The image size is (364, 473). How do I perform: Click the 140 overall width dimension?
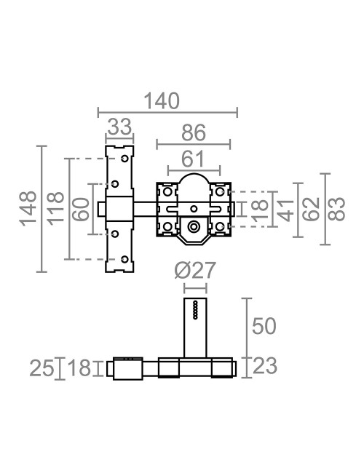(162, 101)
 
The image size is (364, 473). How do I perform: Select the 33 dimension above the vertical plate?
(119, 127)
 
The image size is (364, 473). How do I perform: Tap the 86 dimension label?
(194, 132)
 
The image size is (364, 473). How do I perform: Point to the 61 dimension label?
(193, 159)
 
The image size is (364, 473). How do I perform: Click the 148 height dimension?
(28, 208)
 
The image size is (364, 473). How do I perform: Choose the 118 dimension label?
(55, 209)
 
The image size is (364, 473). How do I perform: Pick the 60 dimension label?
(82, 209)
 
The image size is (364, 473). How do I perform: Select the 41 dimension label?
(285, 210)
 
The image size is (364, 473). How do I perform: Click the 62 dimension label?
(311, 209)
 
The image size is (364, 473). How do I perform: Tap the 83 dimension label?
(336, 209)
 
